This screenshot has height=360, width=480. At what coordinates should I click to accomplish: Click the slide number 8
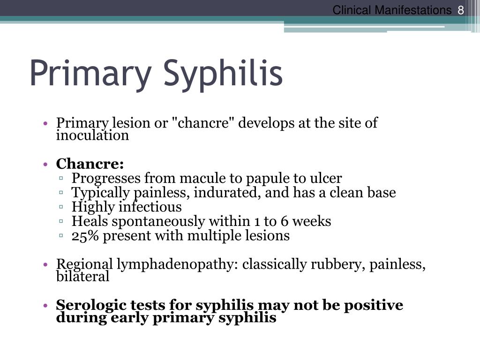[x=461, y=10]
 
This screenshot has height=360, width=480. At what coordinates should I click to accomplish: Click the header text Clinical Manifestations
[x=392, y=10]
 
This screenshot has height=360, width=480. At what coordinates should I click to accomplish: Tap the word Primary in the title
[x=91, y=74]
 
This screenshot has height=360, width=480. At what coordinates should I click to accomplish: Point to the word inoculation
[x=92, y=135]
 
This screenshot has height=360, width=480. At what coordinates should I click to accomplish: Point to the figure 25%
[x=85, y=235]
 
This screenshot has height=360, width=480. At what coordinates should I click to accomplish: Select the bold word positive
[x=374, y=305]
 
